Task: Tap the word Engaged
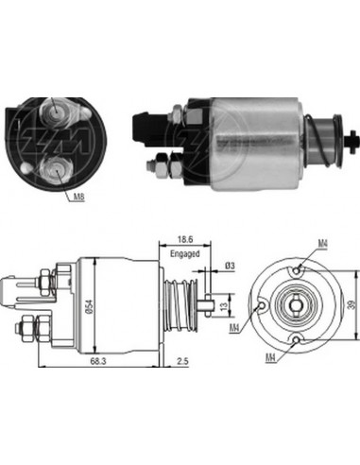187,255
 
